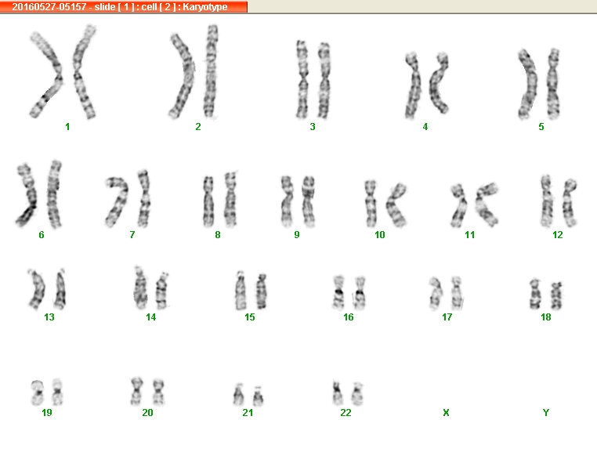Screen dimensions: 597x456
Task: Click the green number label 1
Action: tap(67, 127)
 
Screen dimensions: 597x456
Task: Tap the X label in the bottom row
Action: tap(447, 413)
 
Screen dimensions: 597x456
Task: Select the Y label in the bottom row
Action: tap(546, 413)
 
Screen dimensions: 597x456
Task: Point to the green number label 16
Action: tap(349, 317)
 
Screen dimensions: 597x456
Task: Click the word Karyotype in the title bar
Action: tap(205, 7)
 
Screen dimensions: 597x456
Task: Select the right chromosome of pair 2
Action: tap(211, 71)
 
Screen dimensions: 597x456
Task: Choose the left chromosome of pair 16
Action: tap(338, 292)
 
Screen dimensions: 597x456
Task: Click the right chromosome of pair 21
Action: tap(258, 396)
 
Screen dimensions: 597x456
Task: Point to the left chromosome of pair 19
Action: tap(38, 392)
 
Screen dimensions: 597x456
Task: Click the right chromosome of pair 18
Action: tap(557, 295)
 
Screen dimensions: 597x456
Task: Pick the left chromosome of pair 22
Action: tap(337, 393)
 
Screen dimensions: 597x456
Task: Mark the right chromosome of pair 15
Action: tap(261, 291)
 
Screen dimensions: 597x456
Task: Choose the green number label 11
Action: tap(470, 235)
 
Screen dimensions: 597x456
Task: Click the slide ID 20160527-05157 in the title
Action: tap(49, 7)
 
